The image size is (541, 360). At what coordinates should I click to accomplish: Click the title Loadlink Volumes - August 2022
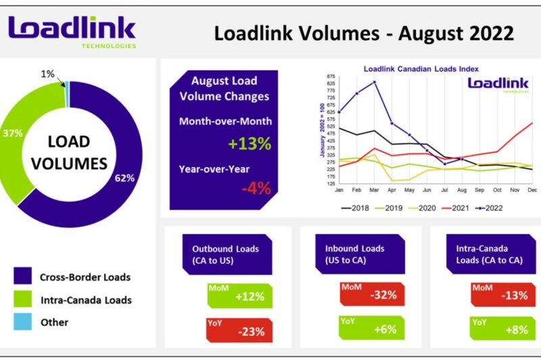click(x=364, y=33)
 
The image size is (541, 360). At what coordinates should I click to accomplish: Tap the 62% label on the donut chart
click(x=125, y=179)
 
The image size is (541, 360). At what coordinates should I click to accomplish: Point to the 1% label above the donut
click(x=48, y=74)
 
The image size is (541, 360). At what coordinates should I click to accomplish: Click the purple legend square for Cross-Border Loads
click(x=22, y=277)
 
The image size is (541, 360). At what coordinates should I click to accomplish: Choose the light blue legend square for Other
click(x=22, y=322)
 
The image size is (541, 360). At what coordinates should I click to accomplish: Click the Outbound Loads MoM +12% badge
click(x=240, y=296)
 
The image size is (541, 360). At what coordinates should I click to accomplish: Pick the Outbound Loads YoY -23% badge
click(x=240, y=331)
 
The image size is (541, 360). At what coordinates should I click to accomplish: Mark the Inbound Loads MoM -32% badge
click(x=373, y=294)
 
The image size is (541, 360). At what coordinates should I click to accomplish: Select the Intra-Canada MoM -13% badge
click(x=503, y=294)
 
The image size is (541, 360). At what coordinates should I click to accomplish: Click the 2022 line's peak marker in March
click(x=375, y=83)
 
